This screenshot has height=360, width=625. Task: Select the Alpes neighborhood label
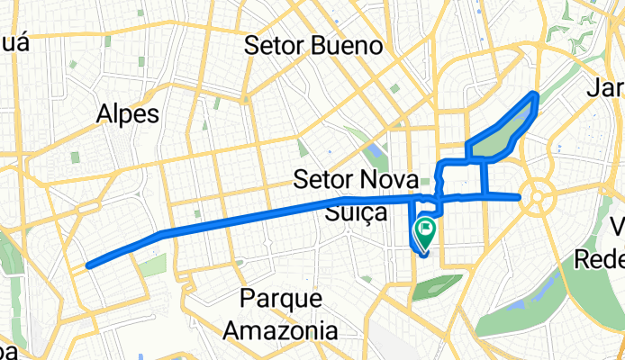point(129,113)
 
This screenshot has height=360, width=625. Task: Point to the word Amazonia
point(281,329)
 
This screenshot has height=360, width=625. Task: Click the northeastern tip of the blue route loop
point(537,94)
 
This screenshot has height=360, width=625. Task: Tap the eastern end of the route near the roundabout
point(520,196)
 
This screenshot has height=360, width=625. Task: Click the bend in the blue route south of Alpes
point(162,234)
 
